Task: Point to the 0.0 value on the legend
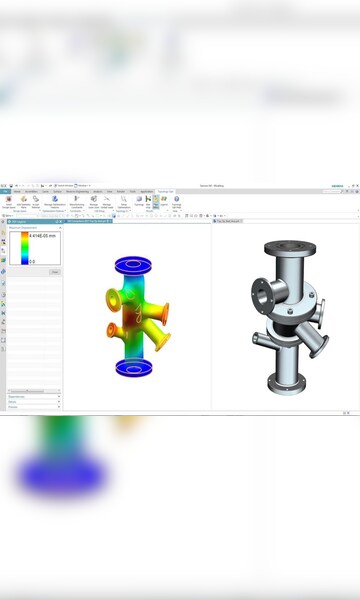tap(32, 261)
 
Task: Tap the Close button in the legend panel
tap(55, 271)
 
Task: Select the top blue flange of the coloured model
tap(133, 264)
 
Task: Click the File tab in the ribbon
tap(5, 191)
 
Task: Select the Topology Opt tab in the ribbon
tap(164, 191)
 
